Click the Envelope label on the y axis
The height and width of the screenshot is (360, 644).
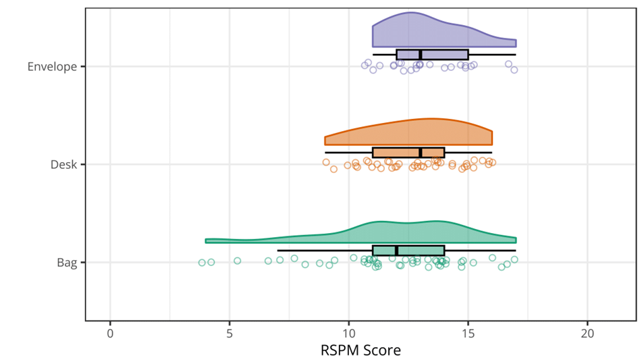[x=51, y=67]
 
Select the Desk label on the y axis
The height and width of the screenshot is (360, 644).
[x=63, y=164]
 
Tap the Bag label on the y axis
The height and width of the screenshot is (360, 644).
[x=67, y=262]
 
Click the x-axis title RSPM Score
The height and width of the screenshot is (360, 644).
[x=360, y=351]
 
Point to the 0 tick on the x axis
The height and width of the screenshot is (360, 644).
[x=110, y=333]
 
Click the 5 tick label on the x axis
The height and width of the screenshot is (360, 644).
[x=230, y=333]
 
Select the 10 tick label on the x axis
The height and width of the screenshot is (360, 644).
[x=349, y=333]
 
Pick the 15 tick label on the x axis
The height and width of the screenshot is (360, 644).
[x=468, y=333]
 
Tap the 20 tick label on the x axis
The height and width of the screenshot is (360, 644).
[x=588, y=333]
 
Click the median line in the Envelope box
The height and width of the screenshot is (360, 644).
[x=421, y=55]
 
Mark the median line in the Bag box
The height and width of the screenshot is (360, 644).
[x=397, y=251]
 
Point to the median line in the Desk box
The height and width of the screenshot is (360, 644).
[x=421, y=153]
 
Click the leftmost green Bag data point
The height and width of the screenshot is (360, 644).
[x=202, y=262]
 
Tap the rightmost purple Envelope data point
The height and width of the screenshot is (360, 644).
[x=514, y=70]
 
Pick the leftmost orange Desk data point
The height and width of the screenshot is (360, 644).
[x=326, y=162]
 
